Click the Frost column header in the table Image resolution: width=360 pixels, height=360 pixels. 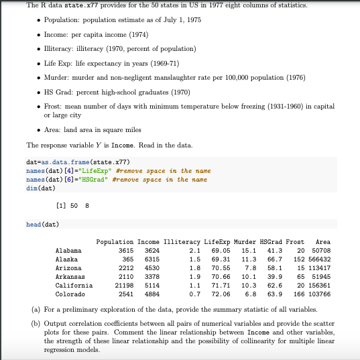[295, 241]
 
